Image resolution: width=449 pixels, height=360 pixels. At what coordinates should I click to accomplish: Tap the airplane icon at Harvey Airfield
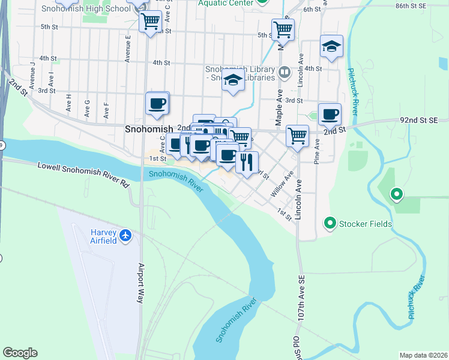coord(125,236)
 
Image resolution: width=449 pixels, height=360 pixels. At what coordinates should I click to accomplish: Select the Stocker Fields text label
coord(365,224)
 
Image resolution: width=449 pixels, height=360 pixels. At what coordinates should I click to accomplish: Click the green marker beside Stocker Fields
coord(330,224)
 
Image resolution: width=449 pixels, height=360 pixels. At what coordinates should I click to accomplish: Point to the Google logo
coord(20,353)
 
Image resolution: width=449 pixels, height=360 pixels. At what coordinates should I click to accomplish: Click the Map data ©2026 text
coord(423,355)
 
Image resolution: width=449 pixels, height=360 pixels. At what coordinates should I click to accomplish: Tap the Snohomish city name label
coord(148,128)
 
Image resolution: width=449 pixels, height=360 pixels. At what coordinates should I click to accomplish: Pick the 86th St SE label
coord(427,5)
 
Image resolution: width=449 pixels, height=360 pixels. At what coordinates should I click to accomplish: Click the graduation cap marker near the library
coord(233,80)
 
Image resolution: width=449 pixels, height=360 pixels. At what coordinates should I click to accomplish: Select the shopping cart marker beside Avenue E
coord(150,22)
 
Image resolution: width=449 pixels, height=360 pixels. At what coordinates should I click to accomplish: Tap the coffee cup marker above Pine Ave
coord(329,113)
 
